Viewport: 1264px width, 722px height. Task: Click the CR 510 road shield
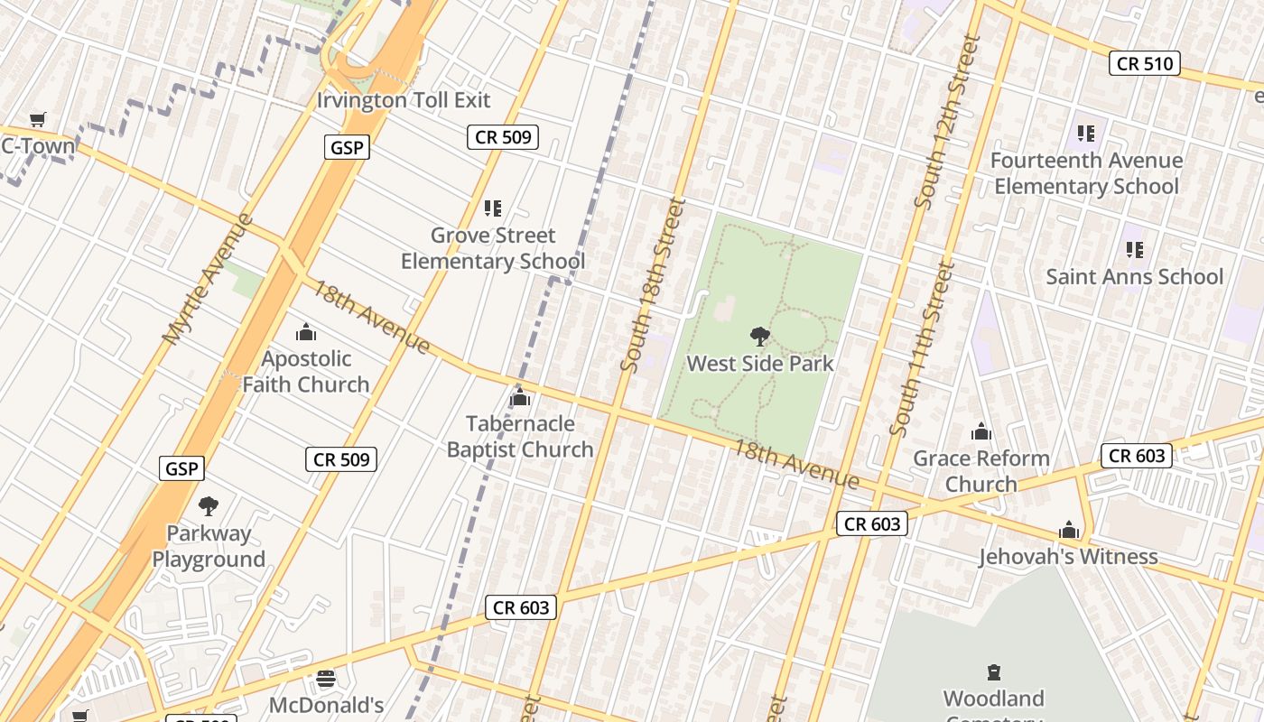(x=1145, y=63)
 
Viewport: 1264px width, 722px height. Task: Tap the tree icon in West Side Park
(x=759, y=338)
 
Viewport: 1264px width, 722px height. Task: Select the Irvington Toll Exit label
(x=404, y=100)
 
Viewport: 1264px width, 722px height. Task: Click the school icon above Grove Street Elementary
(x=492, y=208)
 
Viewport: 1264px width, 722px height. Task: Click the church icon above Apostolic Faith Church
(x=306, y=332)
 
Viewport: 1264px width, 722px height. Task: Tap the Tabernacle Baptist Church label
(x=520, y=436)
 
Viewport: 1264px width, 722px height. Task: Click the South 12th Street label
(x=946, y=122)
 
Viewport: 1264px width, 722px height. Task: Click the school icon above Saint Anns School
(x=1135, y=250)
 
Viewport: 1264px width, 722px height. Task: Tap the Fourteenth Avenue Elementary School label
(x=1086, y=173)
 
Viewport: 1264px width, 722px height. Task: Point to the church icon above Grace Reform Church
(x=981, y=432)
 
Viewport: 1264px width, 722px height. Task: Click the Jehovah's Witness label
(x=1068, y=557)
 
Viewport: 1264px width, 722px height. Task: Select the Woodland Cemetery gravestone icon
(x=994, y=672)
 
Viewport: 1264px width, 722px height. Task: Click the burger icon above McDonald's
(x=326, y=678)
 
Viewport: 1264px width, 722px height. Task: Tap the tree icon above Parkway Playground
(x=209, y=505)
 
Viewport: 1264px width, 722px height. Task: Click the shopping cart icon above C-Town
(x=37, y=119)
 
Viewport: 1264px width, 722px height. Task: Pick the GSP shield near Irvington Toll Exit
(x=347, y=147)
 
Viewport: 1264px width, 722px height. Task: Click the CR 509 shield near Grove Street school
(x=503, y=137)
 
